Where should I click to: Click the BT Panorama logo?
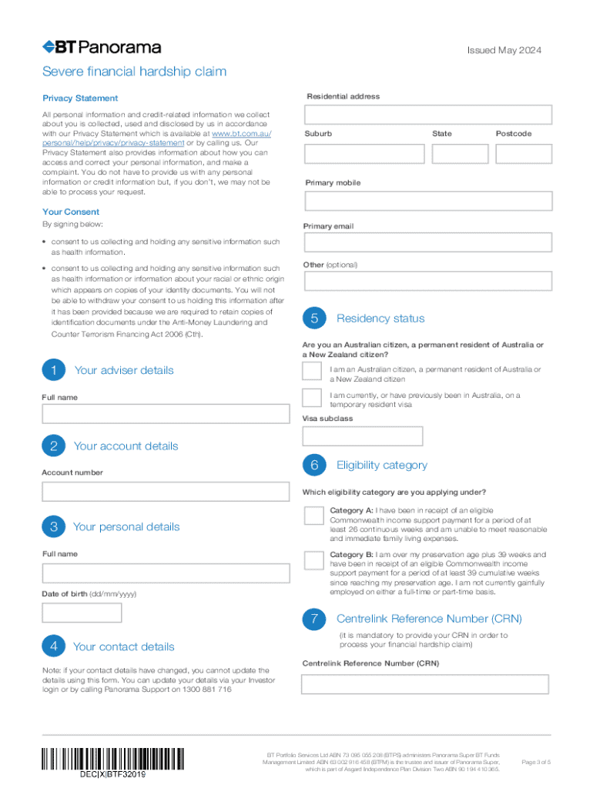[102, 48]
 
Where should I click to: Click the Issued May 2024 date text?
[504, 51]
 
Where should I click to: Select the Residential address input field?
[428, 115]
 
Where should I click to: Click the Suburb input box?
[364, 153]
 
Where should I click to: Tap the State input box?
[460, 153]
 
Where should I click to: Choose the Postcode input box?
[524, 153]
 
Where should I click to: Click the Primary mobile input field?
[428, 201]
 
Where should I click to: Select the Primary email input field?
[428, 242]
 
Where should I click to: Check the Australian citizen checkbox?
[312, 371]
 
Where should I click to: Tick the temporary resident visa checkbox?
[312, 397]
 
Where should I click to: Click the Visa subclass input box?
[363, 436]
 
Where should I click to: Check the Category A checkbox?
[313, 515]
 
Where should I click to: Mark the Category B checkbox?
[313, 559]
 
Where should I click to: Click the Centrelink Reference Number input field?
[425, 684]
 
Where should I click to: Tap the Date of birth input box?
[82, 613]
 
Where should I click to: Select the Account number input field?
[166, 491]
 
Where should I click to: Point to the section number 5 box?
[314, 319]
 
